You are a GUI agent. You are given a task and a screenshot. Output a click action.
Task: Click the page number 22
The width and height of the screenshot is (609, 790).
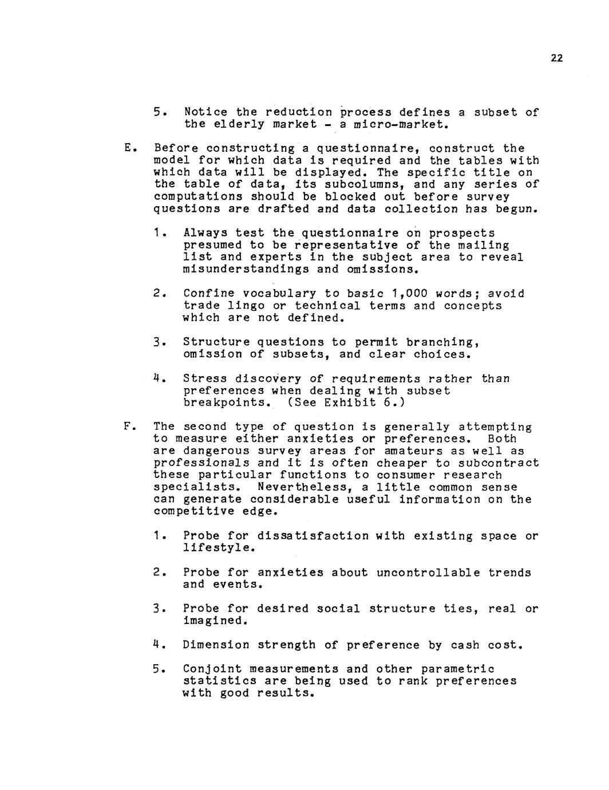point(557,58)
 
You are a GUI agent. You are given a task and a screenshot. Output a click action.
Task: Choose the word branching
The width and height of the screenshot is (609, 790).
point(442,342)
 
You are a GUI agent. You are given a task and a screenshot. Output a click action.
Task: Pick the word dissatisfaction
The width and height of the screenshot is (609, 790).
point(313,536)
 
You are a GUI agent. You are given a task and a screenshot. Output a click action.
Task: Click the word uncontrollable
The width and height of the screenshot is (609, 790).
point(428,572)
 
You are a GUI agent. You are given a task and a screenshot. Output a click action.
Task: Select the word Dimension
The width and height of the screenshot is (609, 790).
point(216,645)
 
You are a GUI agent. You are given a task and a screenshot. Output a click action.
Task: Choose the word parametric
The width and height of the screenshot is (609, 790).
point(458,669)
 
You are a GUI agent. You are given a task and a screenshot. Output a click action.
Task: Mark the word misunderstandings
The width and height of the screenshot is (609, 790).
point(246,269)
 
